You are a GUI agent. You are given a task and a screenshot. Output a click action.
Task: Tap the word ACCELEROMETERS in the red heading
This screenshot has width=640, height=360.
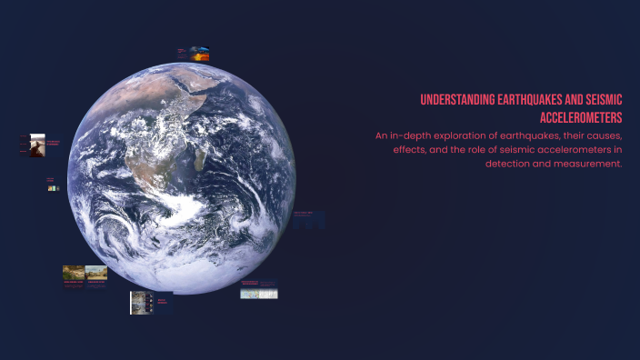(578, 118)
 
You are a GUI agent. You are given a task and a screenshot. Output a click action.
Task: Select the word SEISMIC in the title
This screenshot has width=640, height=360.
(599, 100)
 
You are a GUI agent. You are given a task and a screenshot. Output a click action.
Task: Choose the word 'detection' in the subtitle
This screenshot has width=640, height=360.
(509, 163)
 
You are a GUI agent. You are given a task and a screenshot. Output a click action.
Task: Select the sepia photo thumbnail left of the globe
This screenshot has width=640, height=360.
(37, 144)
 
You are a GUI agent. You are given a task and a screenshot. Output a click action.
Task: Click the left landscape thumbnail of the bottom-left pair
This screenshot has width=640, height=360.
(74, 272)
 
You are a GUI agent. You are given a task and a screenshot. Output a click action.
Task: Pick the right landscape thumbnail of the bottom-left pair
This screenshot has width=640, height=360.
(96, 272)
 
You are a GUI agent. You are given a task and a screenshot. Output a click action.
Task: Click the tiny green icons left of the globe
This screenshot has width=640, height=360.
(53, 188)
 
